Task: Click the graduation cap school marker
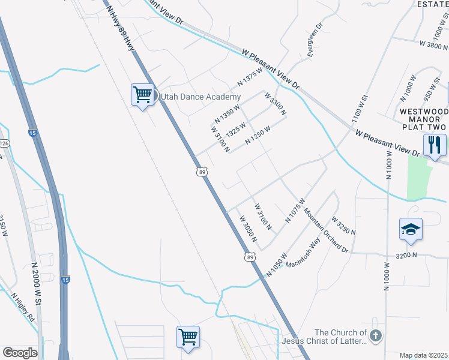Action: pos(411,229)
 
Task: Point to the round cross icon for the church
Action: pos(376,336)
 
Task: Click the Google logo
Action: pos(20,353)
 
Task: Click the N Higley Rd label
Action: pos(23,307)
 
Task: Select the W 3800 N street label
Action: pos(433,44)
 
